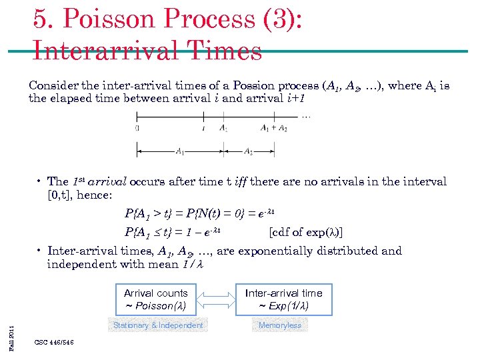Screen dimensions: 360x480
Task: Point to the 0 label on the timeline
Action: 137,128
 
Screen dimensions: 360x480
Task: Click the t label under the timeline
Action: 203,128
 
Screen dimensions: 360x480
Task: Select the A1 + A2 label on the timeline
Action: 274,128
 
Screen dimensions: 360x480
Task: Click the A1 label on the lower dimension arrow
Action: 180,151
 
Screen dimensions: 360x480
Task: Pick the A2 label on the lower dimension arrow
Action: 248,151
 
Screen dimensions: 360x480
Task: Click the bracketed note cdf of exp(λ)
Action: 310,233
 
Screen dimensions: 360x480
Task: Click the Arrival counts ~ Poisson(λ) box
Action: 155,299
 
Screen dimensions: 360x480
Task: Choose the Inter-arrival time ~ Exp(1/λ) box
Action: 283,299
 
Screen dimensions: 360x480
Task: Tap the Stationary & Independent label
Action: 158,325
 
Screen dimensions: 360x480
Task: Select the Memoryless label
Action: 280,325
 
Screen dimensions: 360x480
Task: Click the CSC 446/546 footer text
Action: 53,343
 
